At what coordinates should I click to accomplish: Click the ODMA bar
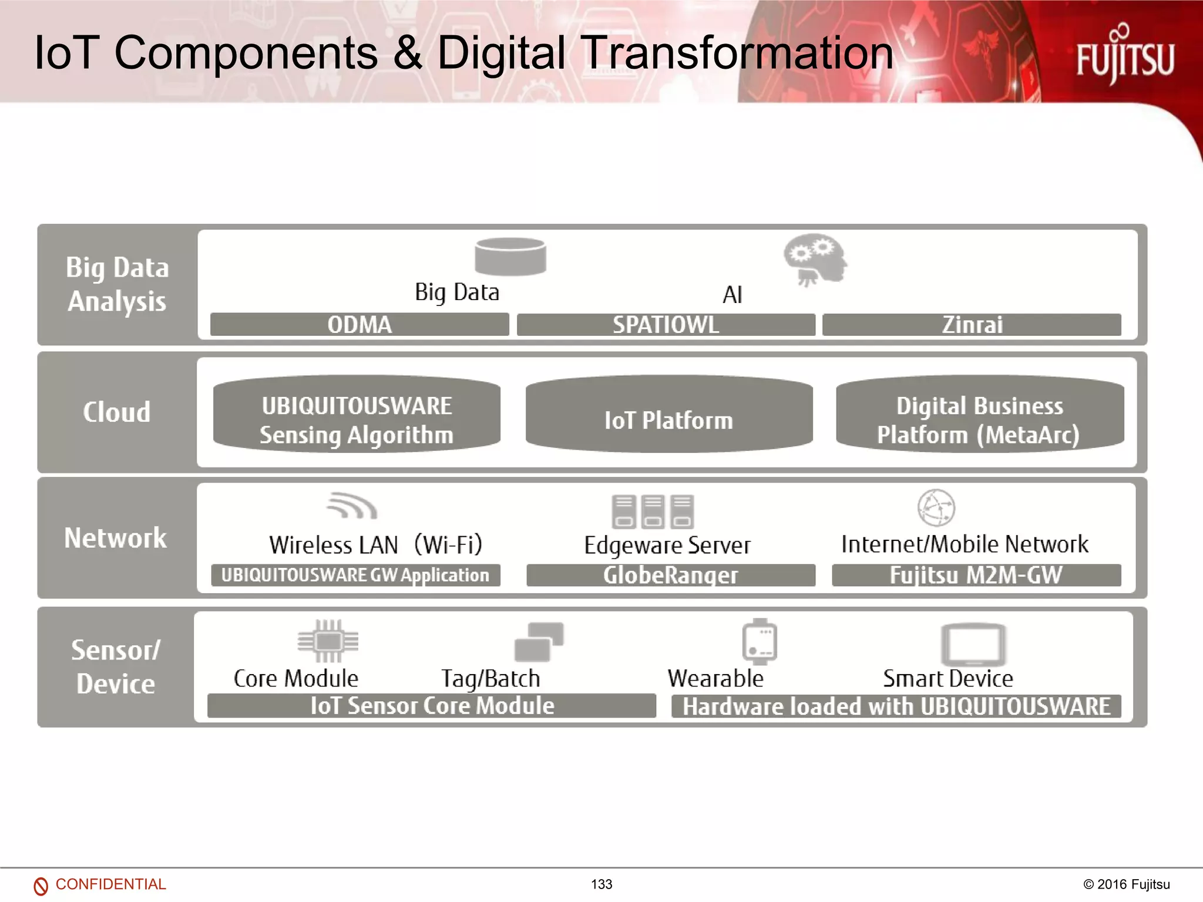(359, 325)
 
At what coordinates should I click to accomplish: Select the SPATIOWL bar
(666, 325)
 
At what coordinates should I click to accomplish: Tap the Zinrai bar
(972, 325)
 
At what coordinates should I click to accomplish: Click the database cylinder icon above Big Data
(510, 256)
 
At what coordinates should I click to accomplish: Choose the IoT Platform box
(669, 415)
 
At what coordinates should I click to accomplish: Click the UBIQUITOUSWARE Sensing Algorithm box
(357, 415)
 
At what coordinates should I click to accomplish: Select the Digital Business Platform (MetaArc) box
(979, 415)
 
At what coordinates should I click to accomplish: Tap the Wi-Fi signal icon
(352, 506)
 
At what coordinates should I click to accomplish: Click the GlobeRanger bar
(670, 575)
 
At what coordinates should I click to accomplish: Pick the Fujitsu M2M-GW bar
(976, 575)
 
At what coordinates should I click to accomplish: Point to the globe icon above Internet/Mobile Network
(936, 508)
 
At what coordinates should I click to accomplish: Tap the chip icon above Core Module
(328, 641)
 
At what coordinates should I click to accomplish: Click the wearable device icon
(760, 641)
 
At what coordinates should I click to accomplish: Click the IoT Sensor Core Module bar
(432, 705)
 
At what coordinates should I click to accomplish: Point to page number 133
(601, 884)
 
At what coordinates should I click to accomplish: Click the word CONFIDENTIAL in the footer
(110, 884)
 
